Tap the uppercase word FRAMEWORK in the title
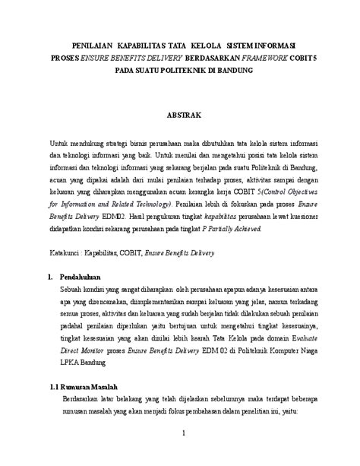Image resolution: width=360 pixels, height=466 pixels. point(258,57)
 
